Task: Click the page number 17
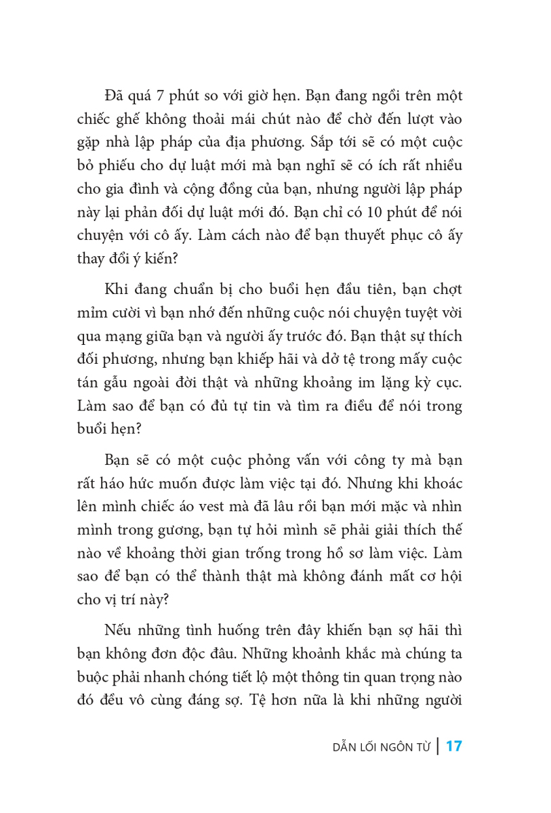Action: (453, 747)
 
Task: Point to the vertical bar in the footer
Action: (438, 747)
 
